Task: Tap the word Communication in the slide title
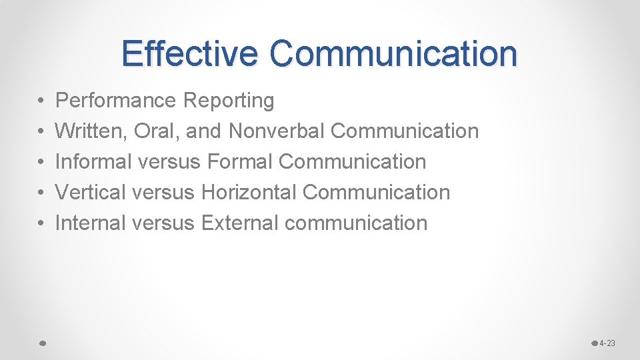tap(393, 53)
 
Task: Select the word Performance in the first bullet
tap(115, 101)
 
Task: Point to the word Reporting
tap(228, 101)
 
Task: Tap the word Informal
tap(93, 162)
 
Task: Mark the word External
tap(239, 223)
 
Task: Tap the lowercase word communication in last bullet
tap(355, 223)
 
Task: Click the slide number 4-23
tap(607, 343)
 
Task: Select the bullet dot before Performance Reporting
tap(41, 101)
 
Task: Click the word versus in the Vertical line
tap(163, 193)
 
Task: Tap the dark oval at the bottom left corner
tap(41, 343)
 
